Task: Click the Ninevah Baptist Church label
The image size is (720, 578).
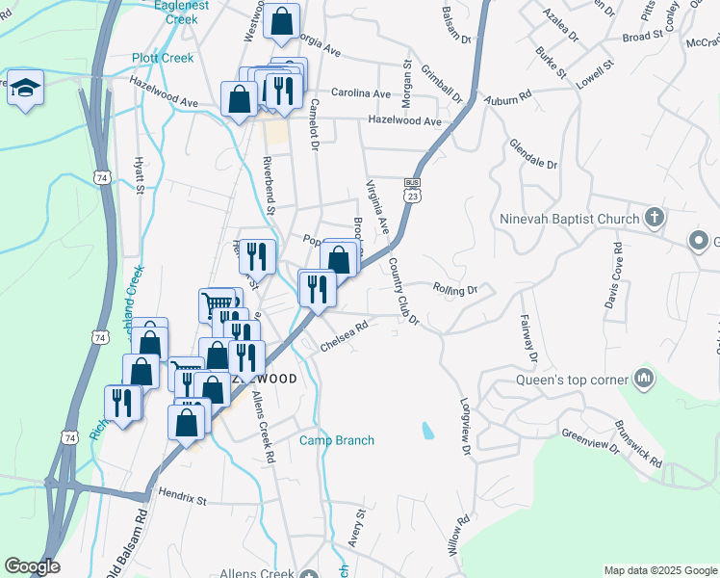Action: pos(569,218)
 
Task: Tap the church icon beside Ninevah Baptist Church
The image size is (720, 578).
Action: pos(655,217)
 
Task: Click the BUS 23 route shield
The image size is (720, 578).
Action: pos(413,189)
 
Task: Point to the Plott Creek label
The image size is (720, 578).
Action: pos(163,58)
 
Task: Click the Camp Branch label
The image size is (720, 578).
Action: pos(336,440)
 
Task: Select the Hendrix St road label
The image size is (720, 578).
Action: pos(183,500)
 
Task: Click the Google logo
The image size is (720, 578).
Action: pos(32,566)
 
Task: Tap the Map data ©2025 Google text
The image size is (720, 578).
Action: pos(659,570)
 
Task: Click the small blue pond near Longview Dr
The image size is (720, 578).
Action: pos(427,430)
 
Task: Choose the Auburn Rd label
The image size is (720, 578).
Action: pos(510,98)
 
